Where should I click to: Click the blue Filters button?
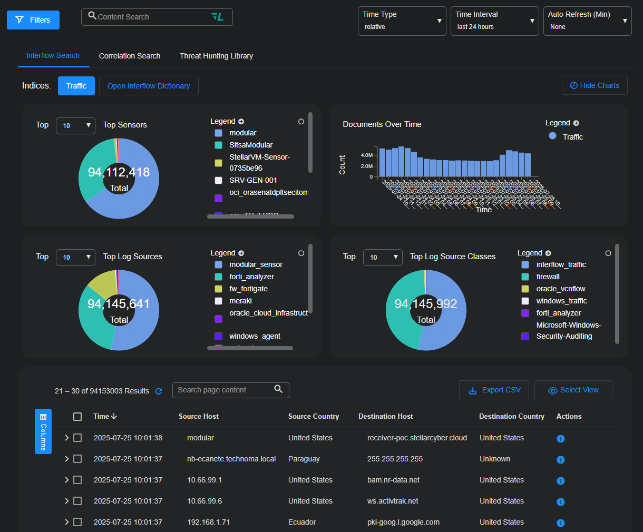(x=33, y=20)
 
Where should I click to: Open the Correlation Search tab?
(x=130, y=56)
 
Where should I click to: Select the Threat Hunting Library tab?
(x=216, y=56)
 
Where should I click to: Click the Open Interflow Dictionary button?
(x=149, y=86)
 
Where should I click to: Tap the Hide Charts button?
(x=595, y=85)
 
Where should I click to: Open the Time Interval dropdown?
(x=494, y=21)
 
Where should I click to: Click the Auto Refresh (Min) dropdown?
(x=587, y=21)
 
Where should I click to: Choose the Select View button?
(x=573, y=390)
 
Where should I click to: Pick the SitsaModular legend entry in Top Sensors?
(x=251, y=145)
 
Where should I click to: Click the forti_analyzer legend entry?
(x=251, y=277)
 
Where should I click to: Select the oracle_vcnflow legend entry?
(x=561, y=289)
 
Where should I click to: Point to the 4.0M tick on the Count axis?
(x=367, y=155)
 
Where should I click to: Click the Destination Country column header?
(x=511, y=416)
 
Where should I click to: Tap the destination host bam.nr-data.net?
(x=393, y=480)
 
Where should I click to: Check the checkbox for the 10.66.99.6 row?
(x=77, y=501)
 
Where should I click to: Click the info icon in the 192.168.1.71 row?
(x=561, y=523)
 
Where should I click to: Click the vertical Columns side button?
(x=43, y=431)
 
